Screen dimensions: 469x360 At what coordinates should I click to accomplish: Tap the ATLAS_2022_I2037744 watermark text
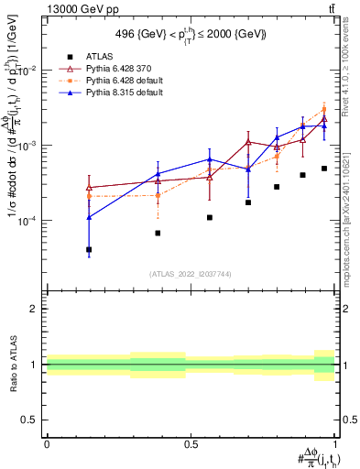coord(190,274)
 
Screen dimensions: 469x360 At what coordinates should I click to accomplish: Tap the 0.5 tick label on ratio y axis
coord(31,420)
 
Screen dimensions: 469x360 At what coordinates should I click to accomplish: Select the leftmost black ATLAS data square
coord(89,249)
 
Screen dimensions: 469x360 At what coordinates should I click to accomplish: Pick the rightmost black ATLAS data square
coord(324,169)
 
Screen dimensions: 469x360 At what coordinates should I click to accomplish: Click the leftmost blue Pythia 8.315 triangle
coord(89,217)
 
